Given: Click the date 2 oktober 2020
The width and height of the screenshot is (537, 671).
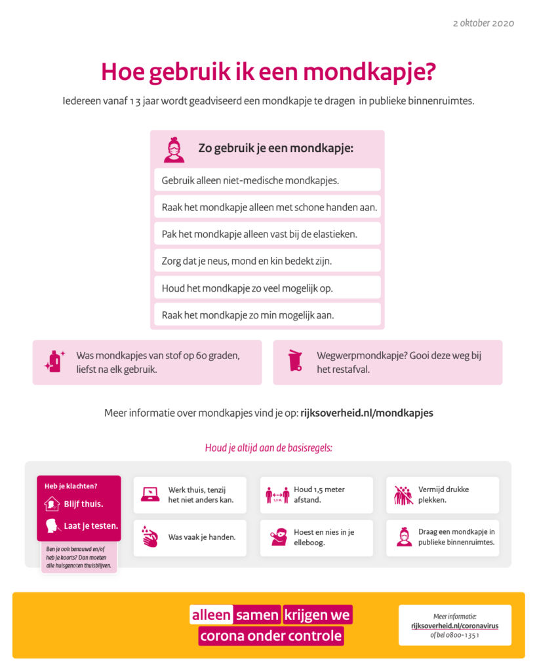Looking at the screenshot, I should [483, 23].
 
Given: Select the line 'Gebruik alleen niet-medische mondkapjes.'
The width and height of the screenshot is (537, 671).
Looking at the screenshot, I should [250, 180].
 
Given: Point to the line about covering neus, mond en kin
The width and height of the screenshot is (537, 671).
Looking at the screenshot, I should [247, 261].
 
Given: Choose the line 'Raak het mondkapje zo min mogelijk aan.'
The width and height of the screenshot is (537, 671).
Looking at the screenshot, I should [248, 315].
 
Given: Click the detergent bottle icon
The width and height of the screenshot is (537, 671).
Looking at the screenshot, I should [54, 361].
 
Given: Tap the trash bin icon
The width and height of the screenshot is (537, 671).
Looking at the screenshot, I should [295, 361].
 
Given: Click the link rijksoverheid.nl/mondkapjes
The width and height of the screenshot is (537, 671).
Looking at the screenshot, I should [367, 413].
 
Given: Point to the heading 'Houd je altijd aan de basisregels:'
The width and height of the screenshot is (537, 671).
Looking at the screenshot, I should [268, 449].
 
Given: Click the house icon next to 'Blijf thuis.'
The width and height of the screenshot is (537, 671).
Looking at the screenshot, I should [52, 504].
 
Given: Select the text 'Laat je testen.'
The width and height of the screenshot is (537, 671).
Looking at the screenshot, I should [91, 526].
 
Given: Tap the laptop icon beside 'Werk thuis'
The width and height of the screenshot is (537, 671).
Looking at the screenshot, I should [150, 495].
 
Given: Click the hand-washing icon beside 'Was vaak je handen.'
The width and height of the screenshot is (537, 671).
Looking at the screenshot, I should [150, 537].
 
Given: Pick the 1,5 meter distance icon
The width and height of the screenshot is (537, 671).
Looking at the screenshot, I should [277, 495].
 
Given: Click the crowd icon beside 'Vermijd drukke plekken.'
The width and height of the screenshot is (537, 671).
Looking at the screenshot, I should [403, 495].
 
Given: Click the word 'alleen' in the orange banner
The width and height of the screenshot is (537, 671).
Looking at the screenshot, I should [211, 615].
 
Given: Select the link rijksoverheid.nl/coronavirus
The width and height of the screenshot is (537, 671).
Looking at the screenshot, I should [454, 626].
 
